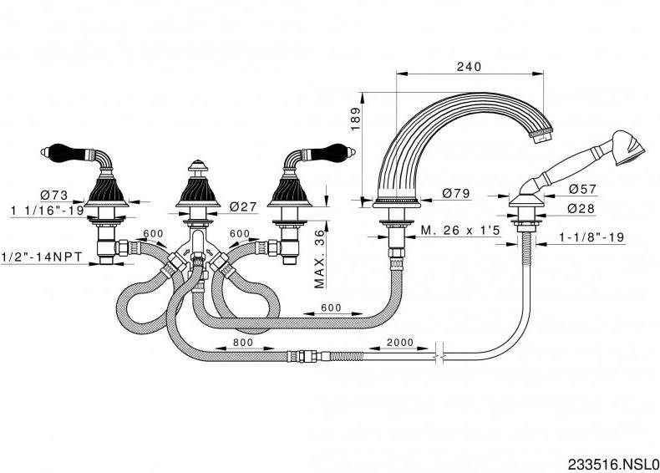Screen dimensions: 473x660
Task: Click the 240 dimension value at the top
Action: [470, 68]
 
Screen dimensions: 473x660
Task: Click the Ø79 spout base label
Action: [456, 194]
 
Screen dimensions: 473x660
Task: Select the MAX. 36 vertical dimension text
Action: [319, 259]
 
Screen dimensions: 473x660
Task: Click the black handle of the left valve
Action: [73, 155]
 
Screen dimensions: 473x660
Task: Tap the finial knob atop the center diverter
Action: [197, 165]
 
